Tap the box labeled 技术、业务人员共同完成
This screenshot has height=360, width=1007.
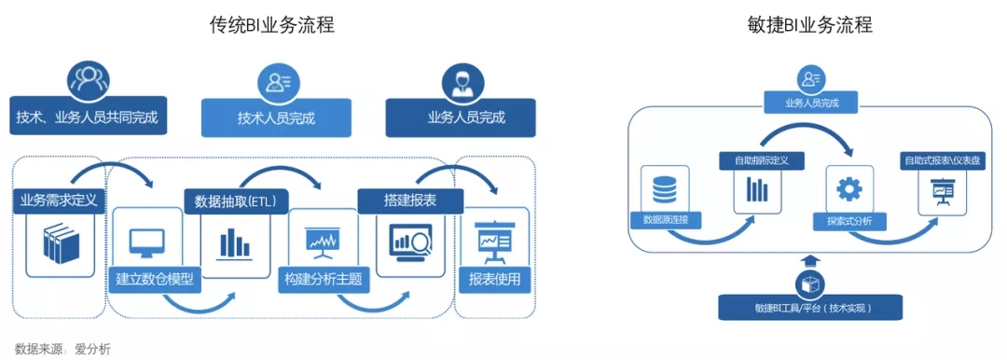[x=88, y=116]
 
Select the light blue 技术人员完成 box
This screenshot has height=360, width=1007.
[x=276, y=118]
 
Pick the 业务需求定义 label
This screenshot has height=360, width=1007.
[x=59, y=200]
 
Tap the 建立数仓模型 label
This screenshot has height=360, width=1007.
[x=156, y=280]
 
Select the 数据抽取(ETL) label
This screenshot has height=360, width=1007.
[x=235, y=201]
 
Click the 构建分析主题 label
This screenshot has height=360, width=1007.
[x=323, y=280]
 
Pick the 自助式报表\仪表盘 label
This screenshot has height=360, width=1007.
[x=943, y=159]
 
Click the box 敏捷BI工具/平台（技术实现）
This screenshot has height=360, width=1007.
[x=810, y=307]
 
